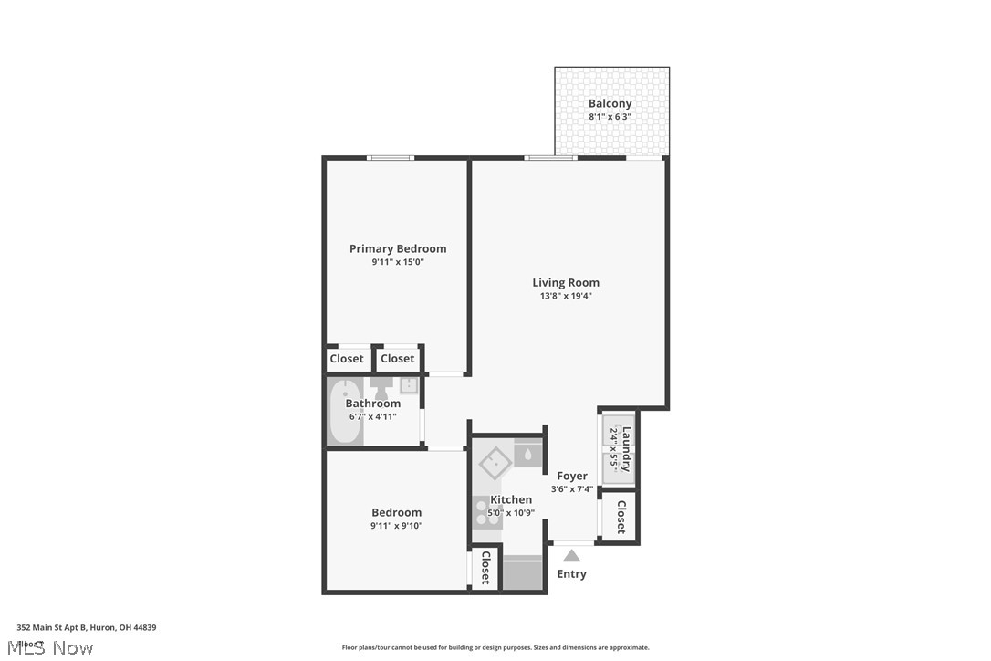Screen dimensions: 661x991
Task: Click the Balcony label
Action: [610, 103]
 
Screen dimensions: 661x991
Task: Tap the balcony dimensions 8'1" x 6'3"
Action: [610, 117]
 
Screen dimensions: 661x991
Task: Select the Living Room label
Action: [566, 282]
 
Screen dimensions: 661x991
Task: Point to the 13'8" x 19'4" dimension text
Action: [566, 296]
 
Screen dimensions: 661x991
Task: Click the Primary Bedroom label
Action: [398, 248]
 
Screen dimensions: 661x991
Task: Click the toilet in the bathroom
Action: [380, 388]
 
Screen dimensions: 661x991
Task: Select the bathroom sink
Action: [408, 385]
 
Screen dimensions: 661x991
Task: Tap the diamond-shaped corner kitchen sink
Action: [494, 462]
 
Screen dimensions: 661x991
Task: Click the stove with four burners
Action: [481, 513]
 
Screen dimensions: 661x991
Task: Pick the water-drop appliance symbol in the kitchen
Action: [528, 453]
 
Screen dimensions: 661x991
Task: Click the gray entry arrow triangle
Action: [571, 555]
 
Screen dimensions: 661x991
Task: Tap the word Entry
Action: [571, 574]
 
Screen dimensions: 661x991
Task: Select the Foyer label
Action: [572, 476]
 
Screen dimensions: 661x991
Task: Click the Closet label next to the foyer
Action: [621, 517]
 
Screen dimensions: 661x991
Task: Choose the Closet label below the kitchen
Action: [485, 567]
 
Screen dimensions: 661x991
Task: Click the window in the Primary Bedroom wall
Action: [390, 158]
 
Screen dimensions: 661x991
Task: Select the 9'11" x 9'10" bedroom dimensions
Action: [396, 526]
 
